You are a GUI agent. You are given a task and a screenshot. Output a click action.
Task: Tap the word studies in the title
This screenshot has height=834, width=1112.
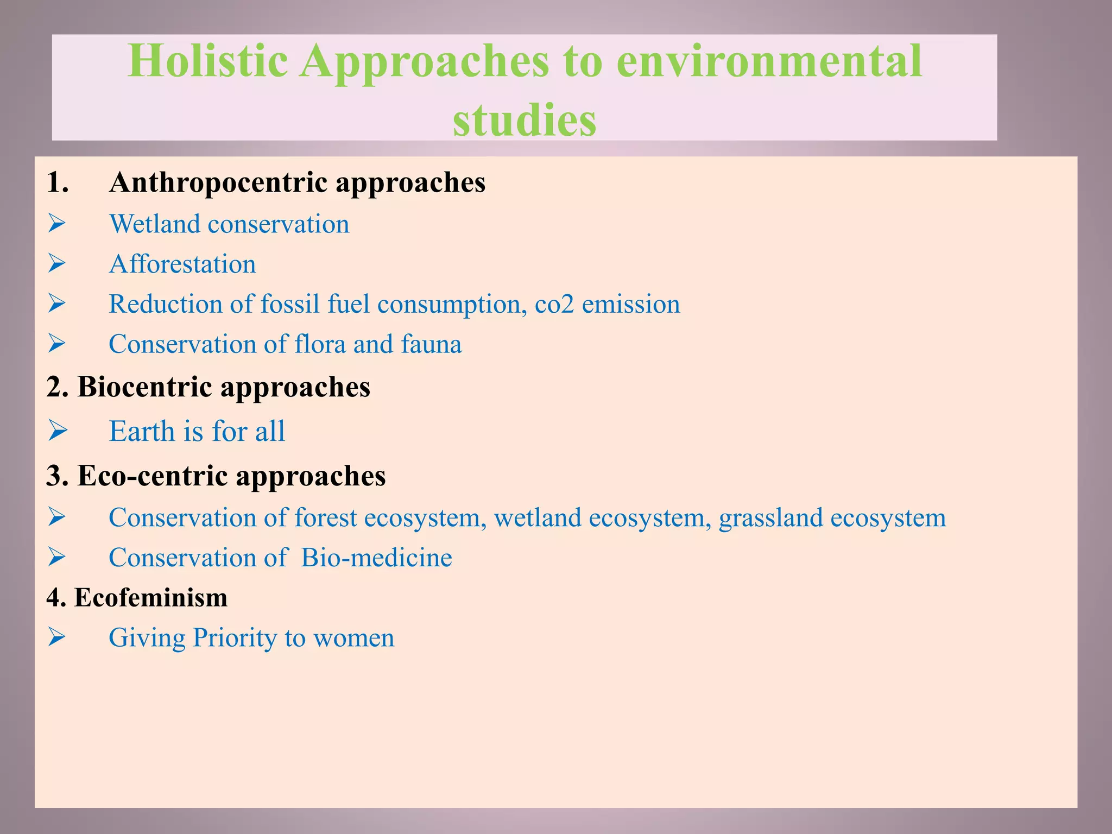click(x=525, y=120)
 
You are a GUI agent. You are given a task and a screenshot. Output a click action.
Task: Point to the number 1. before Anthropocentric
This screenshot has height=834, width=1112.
click(x=58, y=182)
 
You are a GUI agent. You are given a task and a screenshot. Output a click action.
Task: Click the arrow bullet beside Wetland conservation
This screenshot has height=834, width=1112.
click(x=56, y=224)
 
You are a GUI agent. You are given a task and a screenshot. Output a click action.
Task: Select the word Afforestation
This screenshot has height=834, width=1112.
click(x=182, y=264)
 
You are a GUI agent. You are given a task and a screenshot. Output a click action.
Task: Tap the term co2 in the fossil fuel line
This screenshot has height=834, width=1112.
click(x=554, y=304)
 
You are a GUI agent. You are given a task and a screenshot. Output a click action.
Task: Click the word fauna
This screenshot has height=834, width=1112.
click(x=432, y=344)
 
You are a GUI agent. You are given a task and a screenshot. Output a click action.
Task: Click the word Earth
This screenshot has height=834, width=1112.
click(x=142, y=432)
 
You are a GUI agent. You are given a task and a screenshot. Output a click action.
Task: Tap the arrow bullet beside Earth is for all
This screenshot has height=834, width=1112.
click(x=57, y=431)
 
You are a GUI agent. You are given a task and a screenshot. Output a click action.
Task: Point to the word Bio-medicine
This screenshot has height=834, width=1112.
click(x=376, y=558)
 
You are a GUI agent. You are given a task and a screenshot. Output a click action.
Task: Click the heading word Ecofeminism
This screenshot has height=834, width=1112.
click(x=151, y=598)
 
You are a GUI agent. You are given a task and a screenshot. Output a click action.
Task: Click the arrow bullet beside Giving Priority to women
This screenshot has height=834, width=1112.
click(x=56, y=637)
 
